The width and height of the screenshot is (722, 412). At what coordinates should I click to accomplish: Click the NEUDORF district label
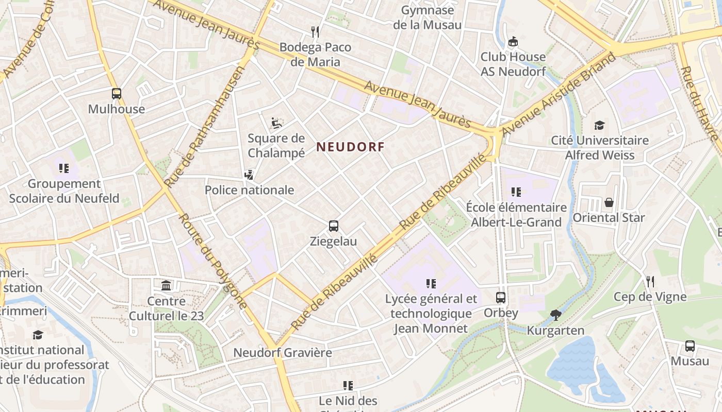coord(350,147)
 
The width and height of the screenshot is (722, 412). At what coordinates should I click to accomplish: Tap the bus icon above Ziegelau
coord(334,226)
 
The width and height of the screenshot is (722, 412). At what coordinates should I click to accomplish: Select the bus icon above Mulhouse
coord(117,94)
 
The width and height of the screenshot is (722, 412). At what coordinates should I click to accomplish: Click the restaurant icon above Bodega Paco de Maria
coord(316,32)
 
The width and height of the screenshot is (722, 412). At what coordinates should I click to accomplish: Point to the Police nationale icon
coord(249,175)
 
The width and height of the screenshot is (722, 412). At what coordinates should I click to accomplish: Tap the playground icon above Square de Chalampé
coord(276,123)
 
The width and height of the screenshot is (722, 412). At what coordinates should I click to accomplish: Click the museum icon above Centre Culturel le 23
coord(166,285)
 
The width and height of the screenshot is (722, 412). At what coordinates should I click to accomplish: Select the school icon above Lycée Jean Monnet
coord(431,283)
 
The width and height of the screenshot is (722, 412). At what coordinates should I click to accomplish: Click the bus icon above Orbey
coord(501,297)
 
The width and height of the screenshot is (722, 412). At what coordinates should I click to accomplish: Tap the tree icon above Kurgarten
coord(555,315)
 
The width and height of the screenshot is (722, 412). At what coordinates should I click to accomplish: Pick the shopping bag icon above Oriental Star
coord(609,202)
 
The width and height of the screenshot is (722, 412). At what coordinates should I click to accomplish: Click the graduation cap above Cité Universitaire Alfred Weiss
coord(599,125)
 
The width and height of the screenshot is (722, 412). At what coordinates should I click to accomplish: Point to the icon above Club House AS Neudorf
coord(513,42)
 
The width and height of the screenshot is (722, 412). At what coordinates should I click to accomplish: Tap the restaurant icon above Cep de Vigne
coord(650,281)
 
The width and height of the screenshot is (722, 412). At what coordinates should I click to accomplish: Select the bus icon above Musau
coord(690,346)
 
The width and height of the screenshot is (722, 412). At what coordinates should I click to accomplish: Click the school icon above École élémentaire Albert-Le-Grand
coord(516,192)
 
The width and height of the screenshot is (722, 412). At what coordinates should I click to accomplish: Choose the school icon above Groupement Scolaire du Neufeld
coord(64,168)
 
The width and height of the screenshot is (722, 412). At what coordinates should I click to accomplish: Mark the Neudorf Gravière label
coord(283,353)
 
